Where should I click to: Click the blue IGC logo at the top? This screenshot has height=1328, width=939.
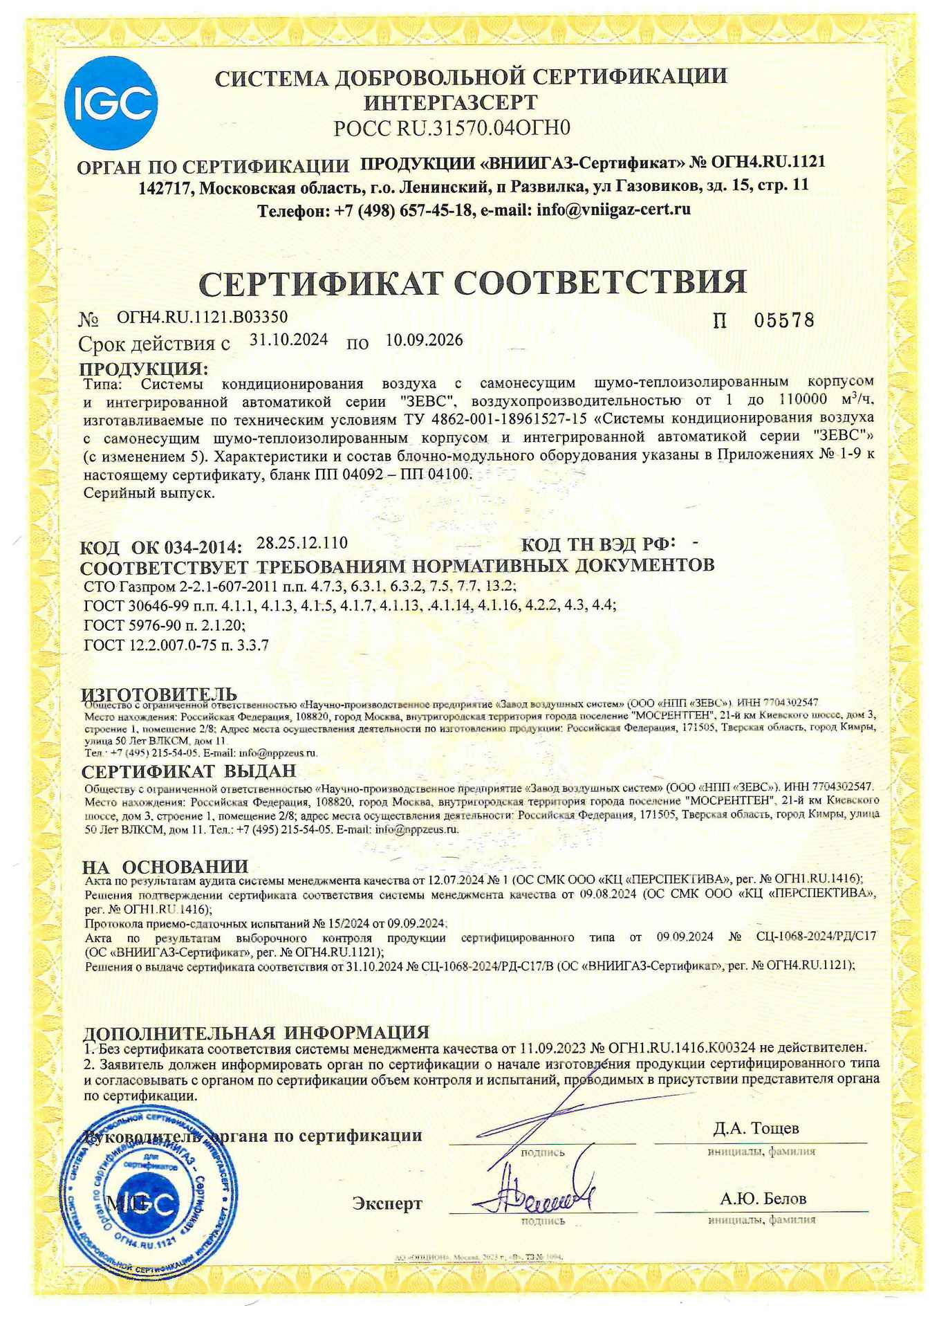pos(111,103)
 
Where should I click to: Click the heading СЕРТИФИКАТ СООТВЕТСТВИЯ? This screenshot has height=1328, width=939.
pos(472,282)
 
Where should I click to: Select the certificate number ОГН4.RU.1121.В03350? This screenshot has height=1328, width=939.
pos(202,317)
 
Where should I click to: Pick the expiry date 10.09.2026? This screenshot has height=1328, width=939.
pos(424,340)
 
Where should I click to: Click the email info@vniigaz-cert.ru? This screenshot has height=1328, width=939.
pos(613,210)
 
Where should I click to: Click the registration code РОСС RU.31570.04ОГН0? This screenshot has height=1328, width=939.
pos(452,129)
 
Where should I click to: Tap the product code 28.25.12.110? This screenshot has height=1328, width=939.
pos(301,543)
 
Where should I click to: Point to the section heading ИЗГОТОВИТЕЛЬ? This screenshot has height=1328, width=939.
pos(160,694)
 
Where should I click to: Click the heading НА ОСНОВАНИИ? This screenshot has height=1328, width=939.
pos(165,866)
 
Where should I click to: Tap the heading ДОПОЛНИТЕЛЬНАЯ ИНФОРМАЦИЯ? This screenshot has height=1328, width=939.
pos(256,1033)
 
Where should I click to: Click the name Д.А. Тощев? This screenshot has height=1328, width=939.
pos(756,1128)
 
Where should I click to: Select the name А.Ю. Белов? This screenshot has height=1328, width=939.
pos(763,1199)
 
